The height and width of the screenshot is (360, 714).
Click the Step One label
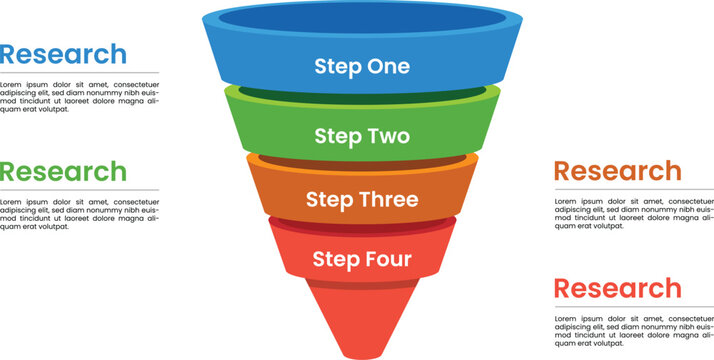click(361, 67)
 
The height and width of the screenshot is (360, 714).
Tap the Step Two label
click(361, 136)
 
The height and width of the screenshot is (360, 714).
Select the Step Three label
click(361, 200)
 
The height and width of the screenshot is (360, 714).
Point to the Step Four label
click(361, 259)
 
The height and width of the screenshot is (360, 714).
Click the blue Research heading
click(64, 54)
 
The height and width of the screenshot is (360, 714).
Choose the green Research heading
click(64, 171)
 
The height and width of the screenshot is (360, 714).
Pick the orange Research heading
click(617, 171)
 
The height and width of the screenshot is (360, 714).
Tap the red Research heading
click(617, 288)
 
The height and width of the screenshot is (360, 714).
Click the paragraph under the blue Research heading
click(79, 97)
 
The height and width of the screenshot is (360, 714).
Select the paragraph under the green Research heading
click(79, 214)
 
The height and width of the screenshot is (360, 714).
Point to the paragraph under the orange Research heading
click(633, 214)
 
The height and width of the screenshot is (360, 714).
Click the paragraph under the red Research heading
click(633, 331)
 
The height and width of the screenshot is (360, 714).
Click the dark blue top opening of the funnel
click(361, 19)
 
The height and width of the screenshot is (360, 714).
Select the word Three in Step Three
click(388, 200)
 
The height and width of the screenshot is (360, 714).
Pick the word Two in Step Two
click(388, 136)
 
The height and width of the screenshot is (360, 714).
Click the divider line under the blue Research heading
click(79, 73)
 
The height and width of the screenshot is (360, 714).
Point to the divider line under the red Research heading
click(633, 307)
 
